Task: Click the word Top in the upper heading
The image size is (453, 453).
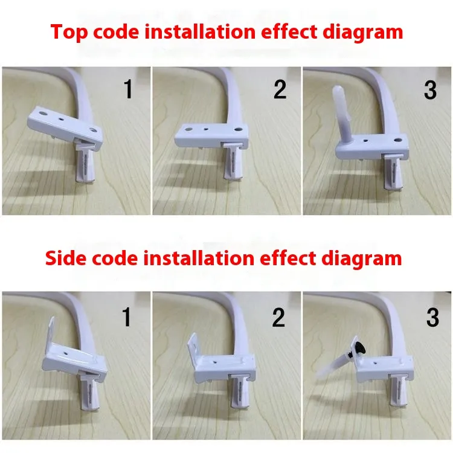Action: point(69,33)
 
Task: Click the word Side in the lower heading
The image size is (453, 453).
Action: point(66,258)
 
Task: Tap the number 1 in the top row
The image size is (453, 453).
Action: point(128,89)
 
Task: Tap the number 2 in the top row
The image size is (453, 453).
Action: point(280,89)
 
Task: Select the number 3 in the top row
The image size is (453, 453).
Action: point(430,90)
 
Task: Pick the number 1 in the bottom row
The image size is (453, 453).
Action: point(127,317)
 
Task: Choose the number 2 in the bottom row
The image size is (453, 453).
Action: point(278,317)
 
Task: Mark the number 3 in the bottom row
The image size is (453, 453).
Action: point(432,317)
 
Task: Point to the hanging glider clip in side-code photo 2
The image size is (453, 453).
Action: point(240,391)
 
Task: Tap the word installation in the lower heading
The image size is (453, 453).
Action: point(199,258)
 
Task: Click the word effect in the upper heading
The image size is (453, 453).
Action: point(289,31)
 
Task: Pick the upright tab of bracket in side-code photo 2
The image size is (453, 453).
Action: point(194,343)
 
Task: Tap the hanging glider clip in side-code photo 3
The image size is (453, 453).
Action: point(399,389)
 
